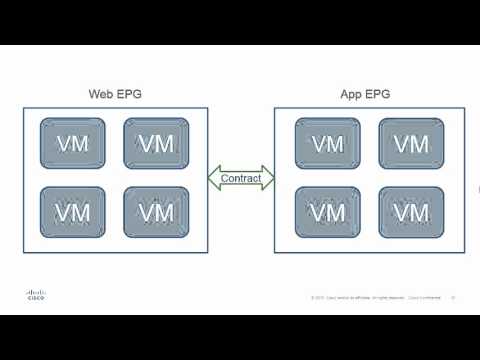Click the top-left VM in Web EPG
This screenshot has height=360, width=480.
(71, 143)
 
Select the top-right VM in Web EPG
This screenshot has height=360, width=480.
(154, 143)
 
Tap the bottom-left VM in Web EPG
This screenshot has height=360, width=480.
(71, 212)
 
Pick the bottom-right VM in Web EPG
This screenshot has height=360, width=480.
(154, 212)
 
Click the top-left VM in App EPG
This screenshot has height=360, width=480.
(327, 143)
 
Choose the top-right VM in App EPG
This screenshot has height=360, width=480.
(411, 143)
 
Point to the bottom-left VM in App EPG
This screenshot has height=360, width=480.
(327, 212)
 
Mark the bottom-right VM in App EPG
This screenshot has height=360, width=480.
(411, 212)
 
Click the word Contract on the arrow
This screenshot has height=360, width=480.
(241, 179)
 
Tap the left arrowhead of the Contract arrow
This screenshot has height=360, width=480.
(213, 179)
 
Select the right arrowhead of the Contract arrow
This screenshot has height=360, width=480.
(269, 179)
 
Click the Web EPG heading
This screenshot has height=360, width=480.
(115, 96)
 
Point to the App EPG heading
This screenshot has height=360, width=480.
(366, 96)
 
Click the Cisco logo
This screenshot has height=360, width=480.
(33, 294)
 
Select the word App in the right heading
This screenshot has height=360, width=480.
(353, 96)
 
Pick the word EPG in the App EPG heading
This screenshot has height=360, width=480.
(379, 96)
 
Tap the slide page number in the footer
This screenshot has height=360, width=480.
(453, 297)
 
